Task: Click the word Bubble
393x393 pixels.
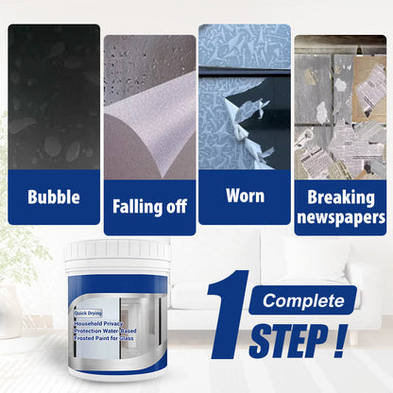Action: pos(53,198)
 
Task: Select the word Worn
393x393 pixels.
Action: pos(244,196)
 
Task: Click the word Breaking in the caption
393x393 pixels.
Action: pos(340,197)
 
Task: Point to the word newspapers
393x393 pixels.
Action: pos(340,216)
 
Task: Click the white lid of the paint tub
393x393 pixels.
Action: pos(116,250)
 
